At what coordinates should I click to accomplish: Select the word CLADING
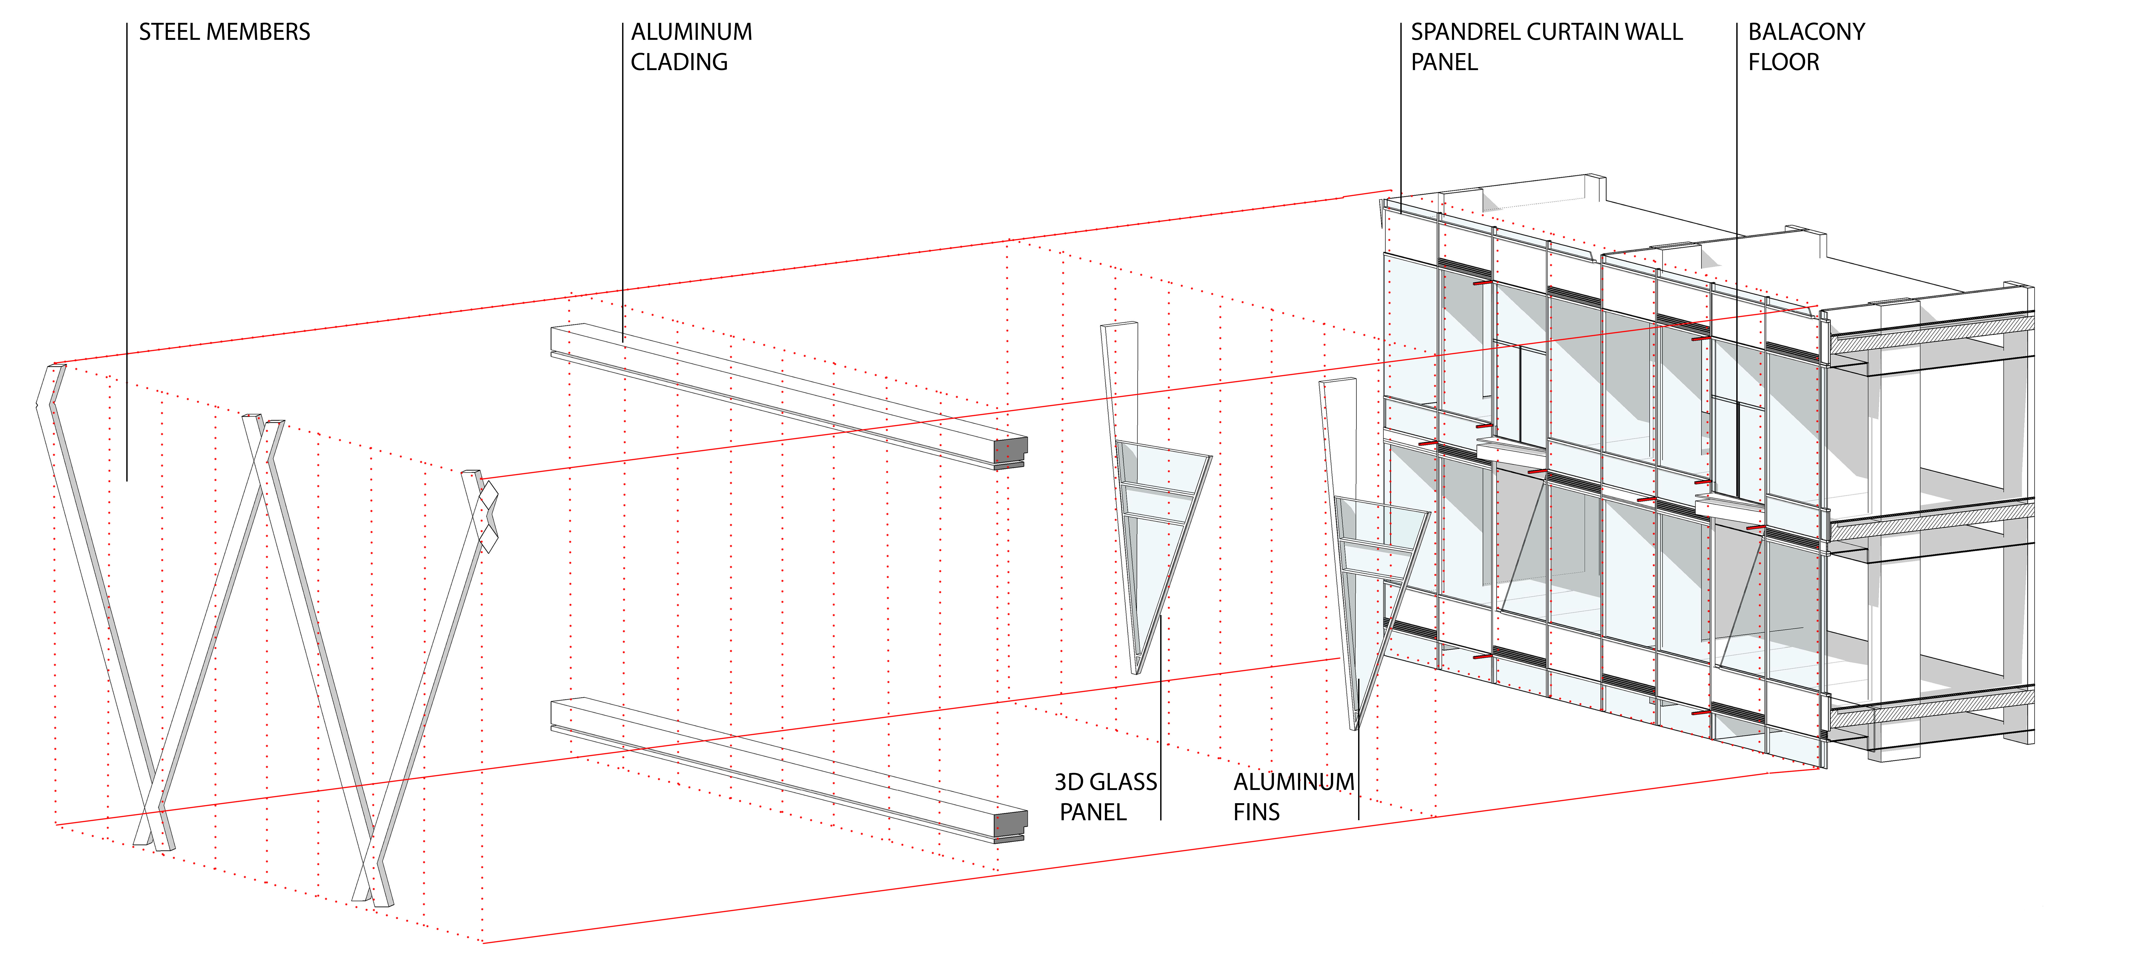(x=679, y=62)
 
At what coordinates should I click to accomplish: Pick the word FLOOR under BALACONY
(x=1784, y=62)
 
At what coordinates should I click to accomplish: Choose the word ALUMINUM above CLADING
(x=692, y=32)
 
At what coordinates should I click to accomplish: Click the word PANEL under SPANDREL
(x=1445, y=62)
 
